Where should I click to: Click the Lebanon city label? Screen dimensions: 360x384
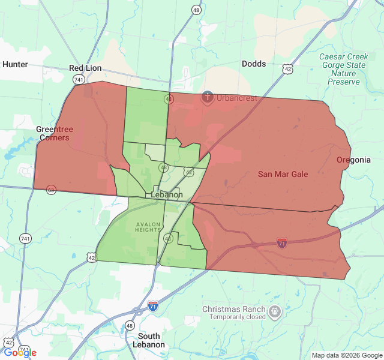click(167, 195)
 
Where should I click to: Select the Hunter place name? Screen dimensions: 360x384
click(16, 64)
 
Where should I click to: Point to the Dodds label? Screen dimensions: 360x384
click(254, 64)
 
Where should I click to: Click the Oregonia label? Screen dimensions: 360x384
click(353, 160)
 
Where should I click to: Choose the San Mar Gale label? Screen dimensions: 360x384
click(283, 174)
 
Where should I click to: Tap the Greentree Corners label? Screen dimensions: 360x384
click(53, 133)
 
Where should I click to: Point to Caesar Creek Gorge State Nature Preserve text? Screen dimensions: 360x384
click(343, 69)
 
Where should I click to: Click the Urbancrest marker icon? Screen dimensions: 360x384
click(208, 96)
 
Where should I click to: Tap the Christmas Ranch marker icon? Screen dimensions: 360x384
click(275, 311)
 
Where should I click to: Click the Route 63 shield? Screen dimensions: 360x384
click(52, 190)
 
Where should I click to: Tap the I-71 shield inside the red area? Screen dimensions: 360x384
click(282, 242)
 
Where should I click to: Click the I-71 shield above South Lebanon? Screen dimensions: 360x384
click(154, 306)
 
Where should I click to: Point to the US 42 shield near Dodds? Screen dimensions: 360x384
click(289, 69)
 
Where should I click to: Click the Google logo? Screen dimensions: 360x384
click(20, 353)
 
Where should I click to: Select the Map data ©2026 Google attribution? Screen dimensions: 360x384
click(346, 355)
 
